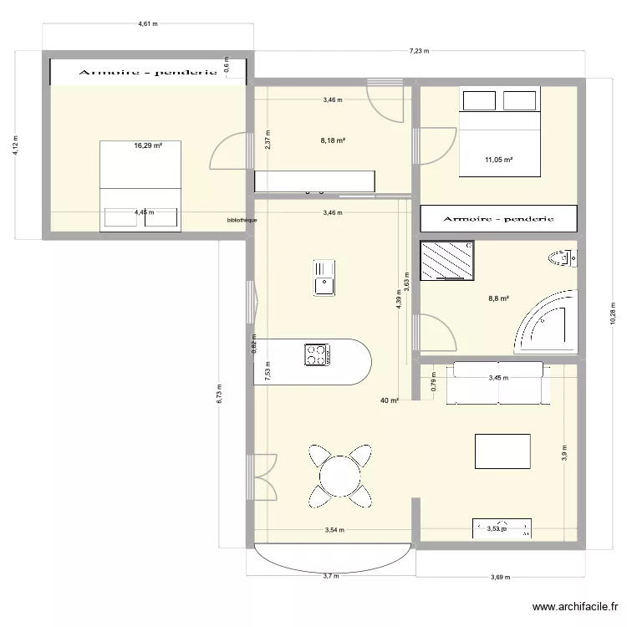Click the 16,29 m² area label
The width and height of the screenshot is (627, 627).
tap(148, 145)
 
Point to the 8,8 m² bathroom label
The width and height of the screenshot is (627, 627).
tap(499, 297)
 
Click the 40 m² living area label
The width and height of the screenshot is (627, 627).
tap(389, 401)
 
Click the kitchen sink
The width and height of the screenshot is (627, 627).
tap(324, 278)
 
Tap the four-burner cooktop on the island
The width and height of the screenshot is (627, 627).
tap(317, 354)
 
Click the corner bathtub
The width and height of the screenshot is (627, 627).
tap(548, 324)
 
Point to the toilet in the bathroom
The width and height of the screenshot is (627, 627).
tap(561, 257)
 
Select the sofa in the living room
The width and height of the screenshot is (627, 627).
tap(497, 383)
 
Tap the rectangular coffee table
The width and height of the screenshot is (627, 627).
tap(502, 451)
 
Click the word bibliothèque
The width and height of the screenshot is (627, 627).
tap(242, 221)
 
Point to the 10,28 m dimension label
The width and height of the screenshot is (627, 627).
tap(612, 315)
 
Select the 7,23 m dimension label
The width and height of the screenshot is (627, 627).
tap(418, 51)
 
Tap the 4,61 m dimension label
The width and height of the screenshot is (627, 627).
tap(148, 25)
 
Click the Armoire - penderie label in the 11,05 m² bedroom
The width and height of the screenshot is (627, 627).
tap(499, 219)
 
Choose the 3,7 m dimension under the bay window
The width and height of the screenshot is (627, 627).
tap(332, 575)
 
